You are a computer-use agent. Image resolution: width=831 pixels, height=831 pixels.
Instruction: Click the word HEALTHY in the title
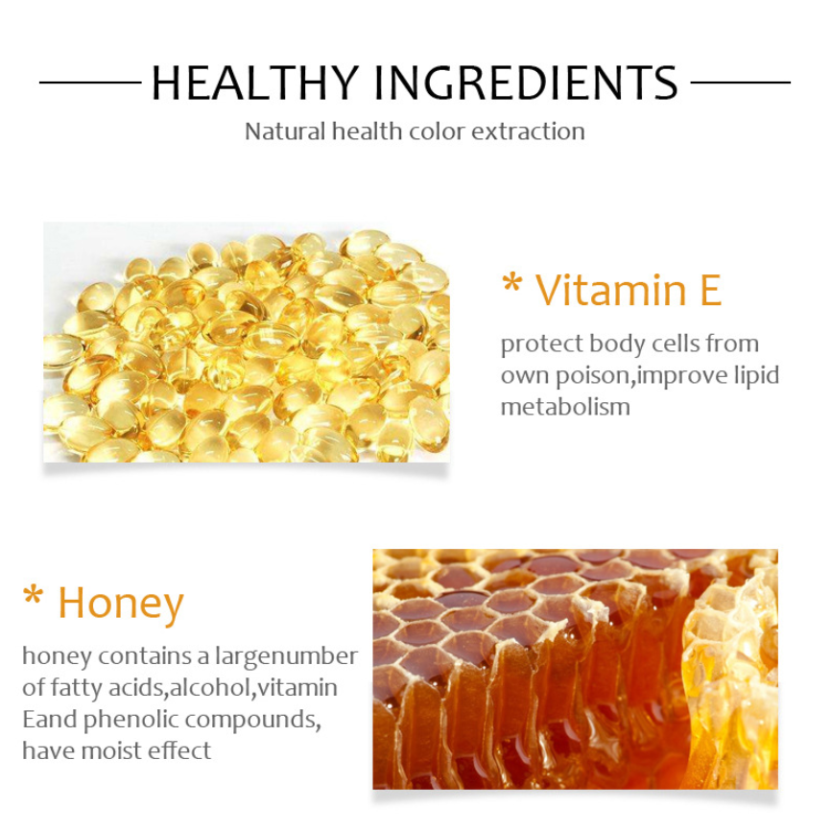point(255,83)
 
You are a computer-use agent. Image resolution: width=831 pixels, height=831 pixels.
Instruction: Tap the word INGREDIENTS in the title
point(526,83)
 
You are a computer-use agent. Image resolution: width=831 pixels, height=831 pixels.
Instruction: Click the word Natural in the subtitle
point(285,131)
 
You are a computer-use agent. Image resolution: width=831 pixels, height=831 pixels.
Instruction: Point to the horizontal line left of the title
point(90,83)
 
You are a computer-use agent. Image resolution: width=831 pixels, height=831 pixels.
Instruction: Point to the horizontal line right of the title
point(741,83)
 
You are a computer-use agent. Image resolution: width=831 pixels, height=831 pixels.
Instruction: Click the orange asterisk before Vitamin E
point(512,283)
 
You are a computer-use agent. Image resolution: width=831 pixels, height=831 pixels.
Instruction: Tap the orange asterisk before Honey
point(33,595)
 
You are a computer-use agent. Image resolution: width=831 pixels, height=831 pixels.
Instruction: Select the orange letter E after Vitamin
point(711,290)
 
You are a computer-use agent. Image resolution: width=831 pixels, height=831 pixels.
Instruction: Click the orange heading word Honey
point(121,605)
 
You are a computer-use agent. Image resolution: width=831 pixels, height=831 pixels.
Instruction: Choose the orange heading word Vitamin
point(611,290)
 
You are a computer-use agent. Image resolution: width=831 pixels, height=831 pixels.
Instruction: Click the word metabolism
point(565,407)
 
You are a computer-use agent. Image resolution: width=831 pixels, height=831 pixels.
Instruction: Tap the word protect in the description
point(541,344)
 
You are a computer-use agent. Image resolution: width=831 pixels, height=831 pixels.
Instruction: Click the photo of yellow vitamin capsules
point(247,343)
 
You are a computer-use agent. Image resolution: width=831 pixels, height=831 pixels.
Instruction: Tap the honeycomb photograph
point(575,669)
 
